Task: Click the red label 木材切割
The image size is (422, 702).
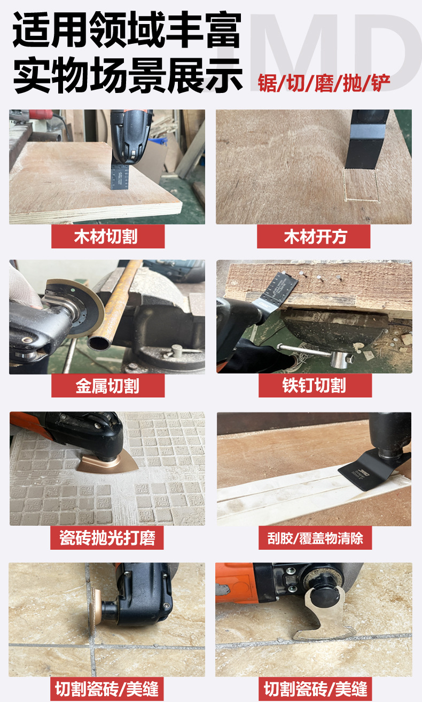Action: tap(107, 237)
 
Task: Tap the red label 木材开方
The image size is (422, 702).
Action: tap(314, 237)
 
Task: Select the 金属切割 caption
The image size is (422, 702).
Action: tap(107, 386)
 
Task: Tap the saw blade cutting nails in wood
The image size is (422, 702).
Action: tap(280, 288)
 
